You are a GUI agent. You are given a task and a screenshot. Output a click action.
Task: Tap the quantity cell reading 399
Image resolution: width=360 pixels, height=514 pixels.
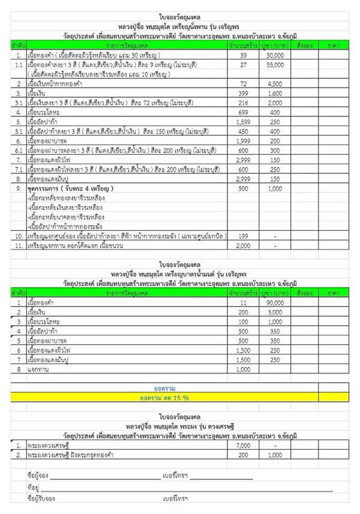244,94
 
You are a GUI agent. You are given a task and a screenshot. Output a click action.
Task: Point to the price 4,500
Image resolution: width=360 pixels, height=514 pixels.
275,84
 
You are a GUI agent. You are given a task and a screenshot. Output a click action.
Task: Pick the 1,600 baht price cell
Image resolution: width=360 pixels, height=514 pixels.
275,94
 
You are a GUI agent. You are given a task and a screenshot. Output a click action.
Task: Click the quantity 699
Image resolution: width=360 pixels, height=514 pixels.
244,112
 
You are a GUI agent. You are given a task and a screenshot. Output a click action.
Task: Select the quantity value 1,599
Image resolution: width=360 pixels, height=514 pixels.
244,122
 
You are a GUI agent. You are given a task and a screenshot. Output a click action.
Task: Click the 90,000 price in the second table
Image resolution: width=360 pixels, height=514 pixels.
275,304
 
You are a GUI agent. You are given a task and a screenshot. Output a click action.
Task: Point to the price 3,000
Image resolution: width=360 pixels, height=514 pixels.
275,313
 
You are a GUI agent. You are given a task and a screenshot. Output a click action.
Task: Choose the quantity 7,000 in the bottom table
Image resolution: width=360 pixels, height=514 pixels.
244,446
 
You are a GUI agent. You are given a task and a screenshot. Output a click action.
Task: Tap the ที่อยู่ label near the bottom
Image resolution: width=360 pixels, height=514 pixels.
34,487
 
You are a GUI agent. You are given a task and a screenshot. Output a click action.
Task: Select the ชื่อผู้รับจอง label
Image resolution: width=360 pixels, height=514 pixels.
42,498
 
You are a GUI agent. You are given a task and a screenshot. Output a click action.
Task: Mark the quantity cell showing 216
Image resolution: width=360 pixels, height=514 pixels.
244,103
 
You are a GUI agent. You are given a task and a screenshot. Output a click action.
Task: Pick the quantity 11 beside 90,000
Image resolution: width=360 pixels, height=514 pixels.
244,304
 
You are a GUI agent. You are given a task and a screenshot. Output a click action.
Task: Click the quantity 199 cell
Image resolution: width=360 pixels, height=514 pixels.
244,236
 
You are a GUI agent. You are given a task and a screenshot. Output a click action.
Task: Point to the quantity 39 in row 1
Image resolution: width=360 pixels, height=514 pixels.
244,55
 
